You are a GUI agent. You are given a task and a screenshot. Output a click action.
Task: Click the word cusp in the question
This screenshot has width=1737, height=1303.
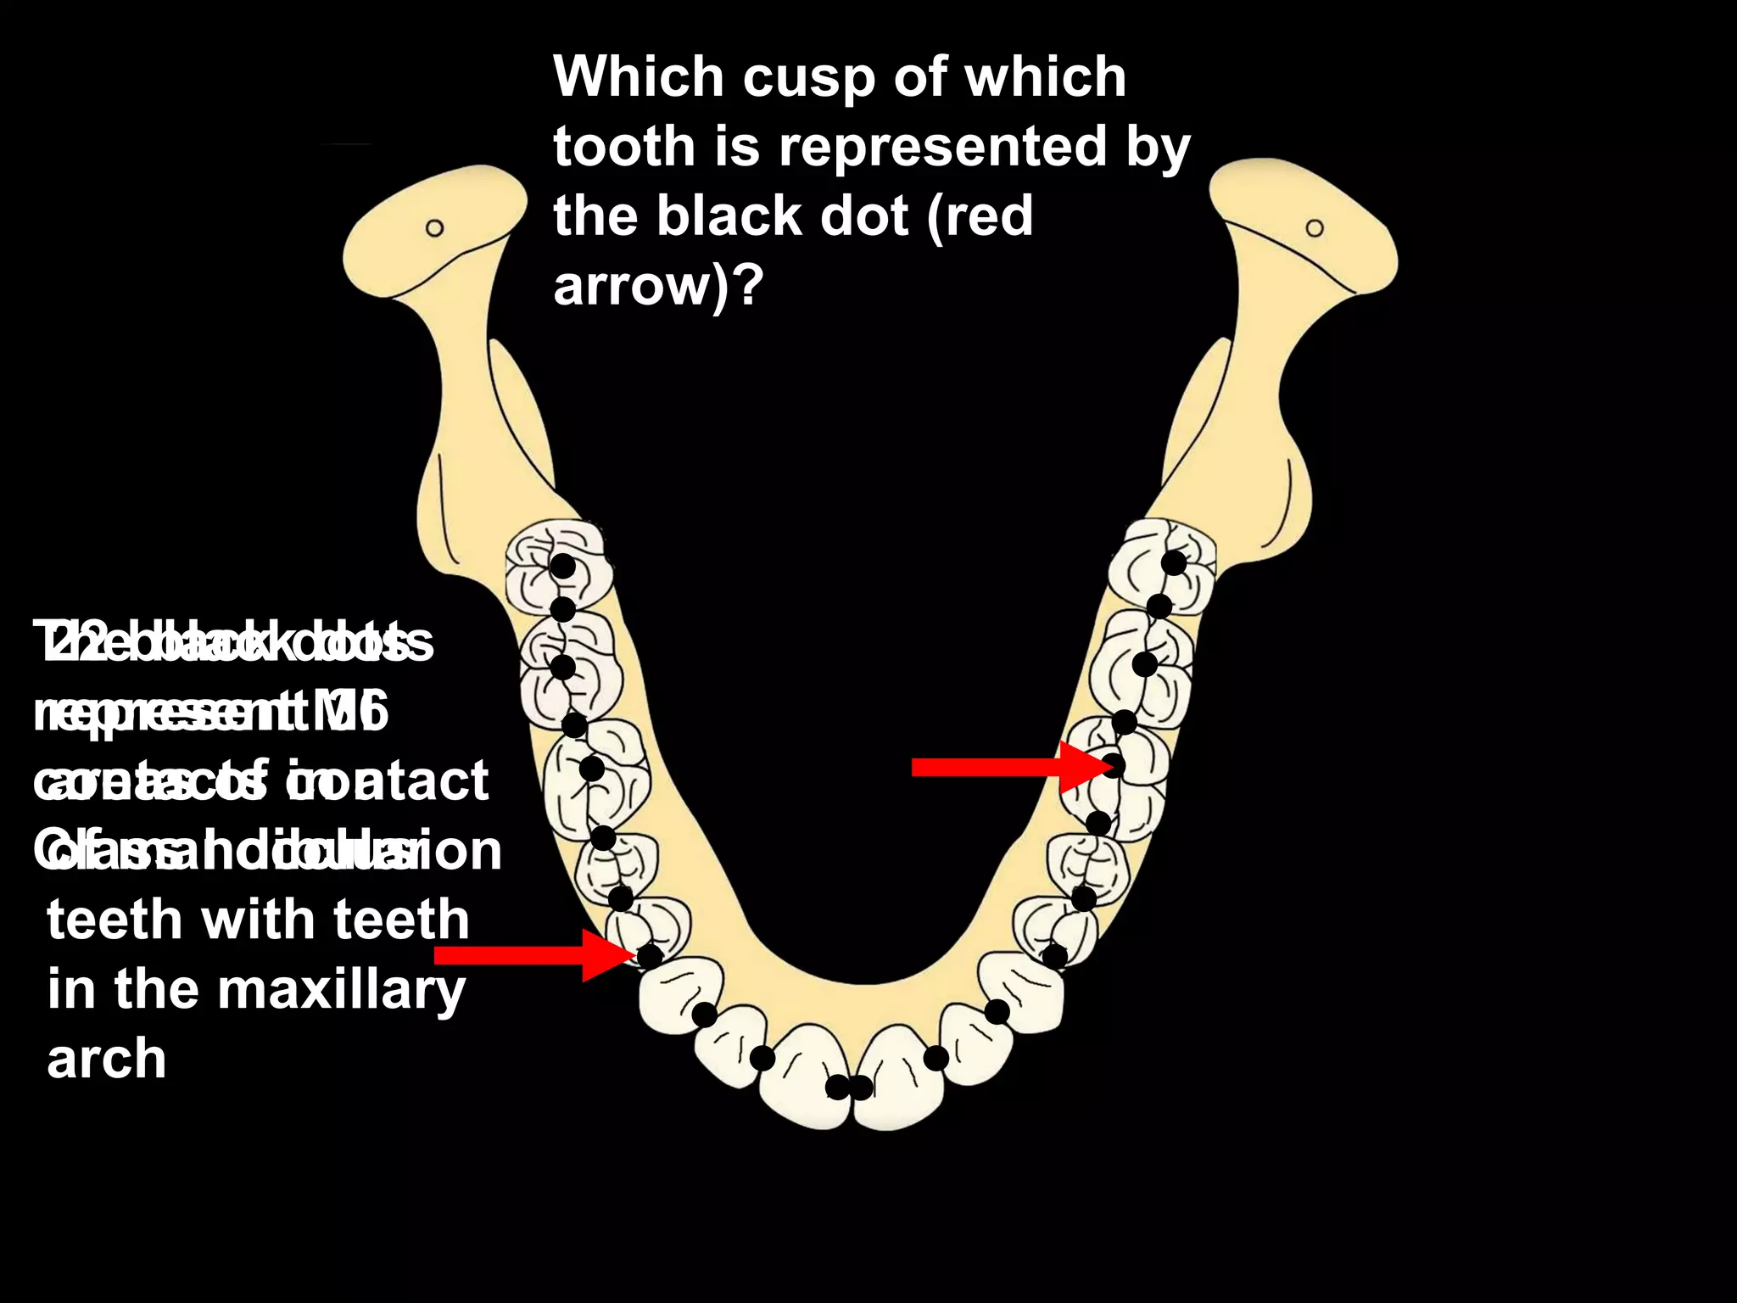808,78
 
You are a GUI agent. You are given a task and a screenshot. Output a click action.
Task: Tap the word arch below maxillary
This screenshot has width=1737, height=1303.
107,1059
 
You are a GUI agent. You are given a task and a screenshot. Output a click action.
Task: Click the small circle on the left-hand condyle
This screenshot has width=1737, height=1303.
434,228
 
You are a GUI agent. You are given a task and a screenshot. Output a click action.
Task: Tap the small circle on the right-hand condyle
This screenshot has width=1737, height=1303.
1315,228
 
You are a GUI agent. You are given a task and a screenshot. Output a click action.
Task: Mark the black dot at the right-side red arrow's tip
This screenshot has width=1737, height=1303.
1114,766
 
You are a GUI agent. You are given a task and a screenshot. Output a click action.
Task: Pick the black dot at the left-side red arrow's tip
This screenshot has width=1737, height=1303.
650,956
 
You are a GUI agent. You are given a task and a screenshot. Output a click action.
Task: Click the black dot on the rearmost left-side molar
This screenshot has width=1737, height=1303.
563,567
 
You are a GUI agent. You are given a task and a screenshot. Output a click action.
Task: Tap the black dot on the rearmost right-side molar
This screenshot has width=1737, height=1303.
1174,562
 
